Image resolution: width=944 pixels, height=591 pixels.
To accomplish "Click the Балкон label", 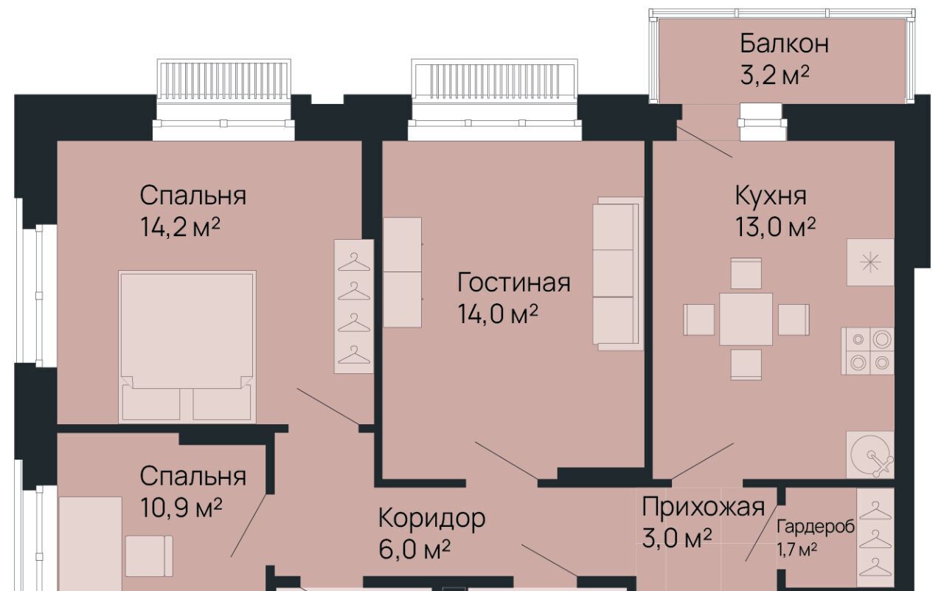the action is pos(784,44).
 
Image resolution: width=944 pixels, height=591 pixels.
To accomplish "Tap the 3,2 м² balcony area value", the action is pos(774,75).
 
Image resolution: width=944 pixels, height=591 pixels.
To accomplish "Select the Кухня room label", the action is pos(771,196).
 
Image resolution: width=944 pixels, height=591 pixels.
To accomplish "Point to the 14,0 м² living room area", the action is pos(498,314).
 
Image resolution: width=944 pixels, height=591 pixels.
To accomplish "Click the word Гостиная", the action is pos(514,283).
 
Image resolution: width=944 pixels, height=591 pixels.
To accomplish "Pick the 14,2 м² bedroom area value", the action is pos(180,227).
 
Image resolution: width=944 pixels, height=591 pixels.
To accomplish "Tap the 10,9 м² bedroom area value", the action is pos(181,508).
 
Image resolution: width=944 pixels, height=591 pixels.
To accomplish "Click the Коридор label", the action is pos(431,518).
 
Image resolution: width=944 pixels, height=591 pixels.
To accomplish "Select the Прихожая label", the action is pos(703,507).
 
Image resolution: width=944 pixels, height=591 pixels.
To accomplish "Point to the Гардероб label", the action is pos(816,527).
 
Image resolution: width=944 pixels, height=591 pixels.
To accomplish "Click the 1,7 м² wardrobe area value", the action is pos(797,550).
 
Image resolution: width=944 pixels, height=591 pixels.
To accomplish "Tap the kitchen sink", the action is pos(870,455).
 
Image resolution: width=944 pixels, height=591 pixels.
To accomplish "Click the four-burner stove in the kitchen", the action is pos(868,350).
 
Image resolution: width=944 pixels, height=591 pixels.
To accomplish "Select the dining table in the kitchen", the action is pos(746,319).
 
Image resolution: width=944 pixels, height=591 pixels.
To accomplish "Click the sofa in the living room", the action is pos(618,274).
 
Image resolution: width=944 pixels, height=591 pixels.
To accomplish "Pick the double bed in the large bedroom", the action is pos(187,347).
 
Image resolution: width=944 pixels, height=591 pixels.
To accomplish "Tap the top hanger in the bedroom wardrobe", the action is pos(354,262).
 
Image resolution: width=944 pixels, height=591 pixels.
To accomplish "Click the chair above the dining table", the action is pos(746,274).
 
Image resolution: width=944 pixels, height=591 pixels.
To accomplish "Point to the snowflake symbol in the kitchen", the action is pos(870,263).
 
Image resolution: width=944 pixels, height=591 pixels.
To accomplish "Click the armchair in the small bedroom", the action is pos(149,556).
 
